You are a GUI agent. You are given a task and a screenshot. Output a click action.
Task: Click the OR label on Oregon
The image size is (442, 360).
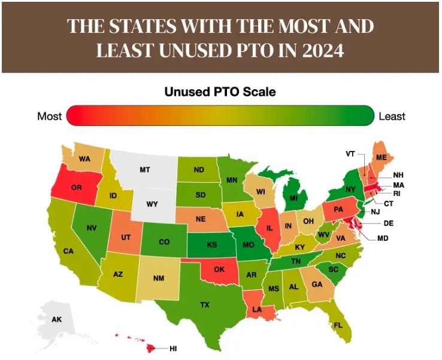click(76, 187)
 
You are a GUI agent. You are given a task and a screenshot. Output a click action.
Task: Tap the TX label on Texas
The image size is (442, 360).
click(205, 305)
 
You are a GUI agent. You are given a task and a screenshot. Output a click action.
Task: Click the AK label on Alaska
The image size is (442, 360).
click(56, 319)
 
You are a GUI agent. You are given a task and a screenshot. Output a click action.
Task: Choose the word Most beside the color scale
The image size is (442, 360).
click(49, 116)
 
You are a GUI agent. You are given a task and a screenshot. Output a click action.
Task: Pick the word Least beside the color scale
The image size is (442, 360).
click(392, 116)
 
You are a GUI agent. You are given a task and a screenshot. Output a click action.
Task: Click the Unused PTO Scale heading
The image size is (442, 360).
click(220, 92)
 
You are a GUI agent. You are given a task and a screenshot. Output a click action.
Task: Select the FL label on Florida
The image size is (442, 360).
click(338, 325)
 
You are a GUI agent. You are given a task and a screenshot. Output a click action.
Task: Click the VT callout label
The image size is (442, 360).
click(350, 154)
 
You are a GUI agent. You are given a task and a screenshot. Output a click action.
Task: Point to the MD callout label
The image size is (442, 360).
click(383, 238)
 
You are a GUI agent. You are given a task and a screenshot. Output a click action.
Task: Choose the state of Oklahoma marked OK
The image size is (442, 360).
click(219, 270)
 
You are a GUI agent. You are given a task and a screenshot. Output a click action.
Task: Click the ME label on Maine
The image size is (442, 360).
click(381, 157)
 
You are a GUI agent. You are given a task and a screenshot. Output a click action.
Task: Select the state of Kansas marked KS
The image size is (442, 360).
click(212, 246)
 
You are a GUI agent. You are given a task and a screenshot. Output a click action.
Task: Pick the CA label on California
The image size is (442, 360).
click(68, 251)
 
